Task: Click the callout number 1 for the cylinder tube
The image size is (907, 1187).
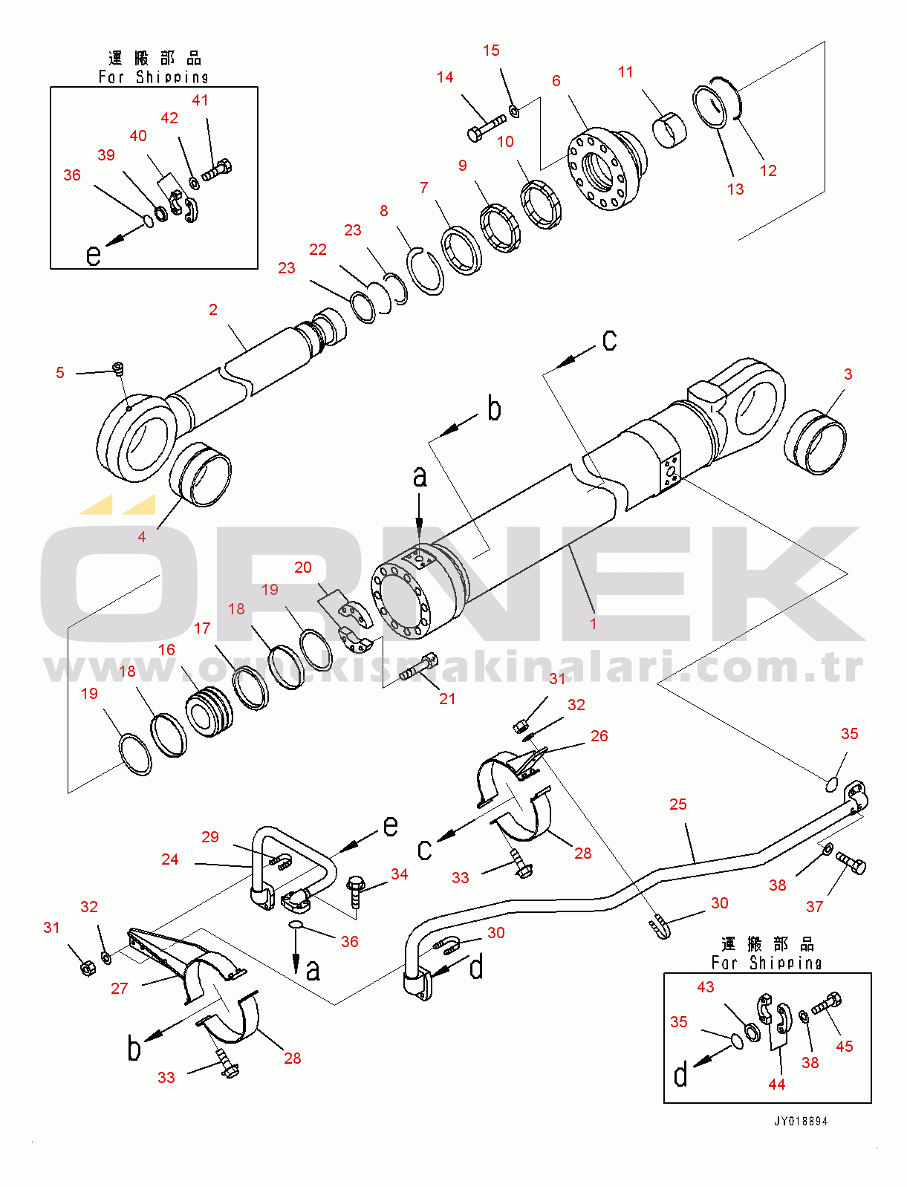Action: pos(593,624)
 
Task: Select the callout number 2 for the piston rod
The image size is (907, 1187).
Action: pos(213,310)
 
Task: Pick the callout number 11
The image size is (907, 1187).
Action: pos(625,72)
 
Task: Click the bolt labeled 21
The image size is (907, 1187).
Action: pos(418,666)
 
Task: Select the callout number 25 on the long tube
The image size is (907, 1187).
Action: pos(677,804)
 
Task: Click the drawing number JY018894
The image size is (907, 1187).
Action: pos(800,1121)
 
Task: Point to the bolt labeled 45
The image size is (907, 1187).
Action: pos(826,1004)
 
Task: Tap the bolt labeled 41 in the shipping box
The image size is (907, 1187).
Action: pos(217,171)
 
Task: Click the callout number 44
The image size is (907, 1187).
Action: pos(776,1084)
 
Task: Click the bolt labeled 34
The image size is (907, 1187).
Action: pos(356,889)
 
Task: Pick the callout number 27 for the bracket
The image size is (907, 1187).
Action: pos(119,989)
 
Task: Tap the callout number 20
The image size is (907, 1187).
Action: pos(302,568)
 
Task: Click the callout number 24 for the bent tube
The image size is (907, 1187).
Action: pos(170,859)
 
